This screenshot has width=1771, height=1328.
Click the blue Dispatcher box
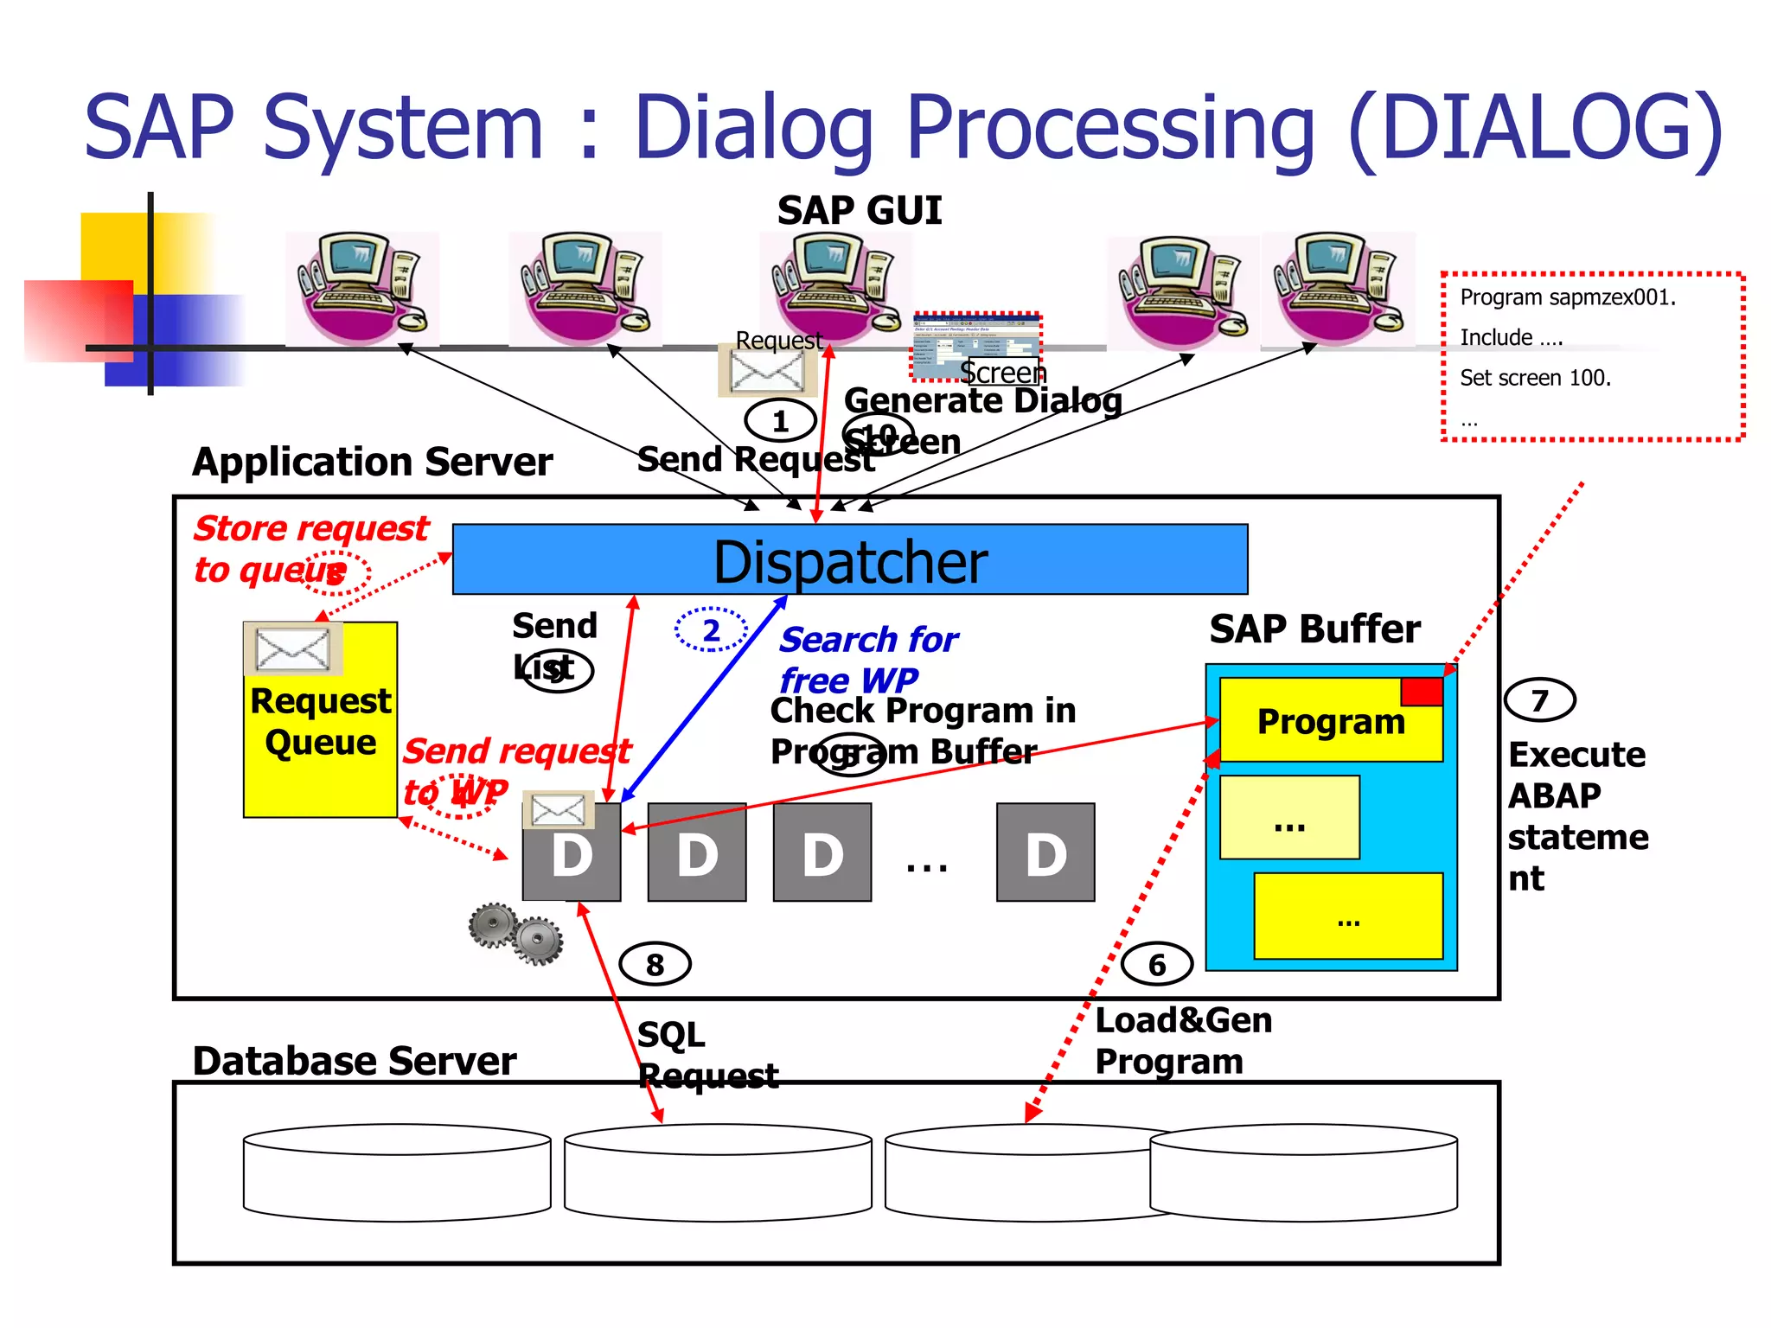coord(849,559)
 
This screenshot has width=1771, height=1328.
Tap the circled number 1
coord(780,421)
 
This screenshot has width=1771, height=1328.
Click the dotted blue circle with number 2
coord(711,629)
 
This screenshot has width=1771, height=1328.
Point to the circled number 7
coord(1539,699)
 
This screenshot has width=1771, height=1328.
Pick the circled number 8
coord(655,963)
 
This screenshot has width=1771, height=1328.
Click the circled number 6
coord(1156,963)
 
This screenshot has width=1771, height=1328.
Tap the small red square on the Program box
coord(1422,692)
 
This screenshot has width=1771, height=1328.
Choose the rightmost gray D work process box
coord(1045,852)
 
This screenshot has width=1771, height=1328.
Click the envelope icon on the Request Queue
coord(293,648)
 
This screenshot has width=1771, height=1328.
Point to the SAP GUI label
coord(859,211)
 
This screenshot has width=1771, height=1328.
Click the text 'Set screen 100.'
coord(1535,378)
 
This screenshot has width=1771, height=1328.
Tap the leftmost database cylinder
coord(397,1172)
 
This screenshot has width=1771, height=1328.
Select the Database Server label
coord(355,1061)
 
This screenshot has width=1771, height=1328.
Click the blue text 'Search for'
coord(868,640)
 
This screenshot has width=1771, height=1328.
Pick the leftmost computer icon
coord(361,288)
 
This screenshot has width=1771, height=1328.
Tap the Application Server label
coord(372,462)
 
